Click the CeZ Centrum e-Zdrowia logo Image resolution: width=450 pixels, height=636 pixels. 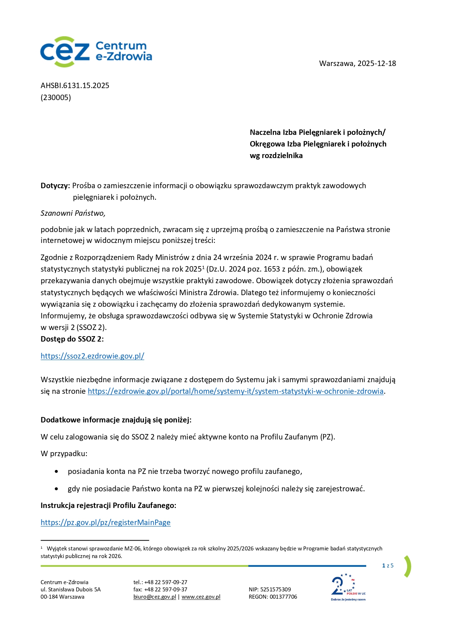[96, 51]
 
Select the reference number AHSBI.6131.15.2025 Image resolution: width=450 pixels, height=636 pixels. [75, 86]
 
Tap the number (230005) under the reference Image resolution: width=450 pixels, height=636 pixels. [56, 97]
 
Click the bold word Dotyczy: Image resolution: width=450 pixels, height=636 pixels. [55, 186]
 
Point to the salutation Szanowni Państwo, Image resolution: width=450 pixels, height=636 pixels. [73, 213]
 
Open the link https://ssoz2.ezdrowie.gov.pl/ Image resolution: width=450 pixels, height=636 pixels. [92, 356]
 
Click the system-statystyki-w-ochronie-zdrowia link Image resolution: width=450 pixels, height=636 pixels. [235, 391]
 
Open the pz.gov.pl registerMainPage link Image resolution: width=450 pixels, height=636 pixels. [106, 523]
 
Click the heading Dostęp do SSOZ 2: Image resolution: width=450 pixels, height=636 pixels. [72, 339]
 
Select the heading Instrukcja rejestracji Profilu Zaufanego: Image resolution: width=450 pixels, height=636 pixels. [108, 505]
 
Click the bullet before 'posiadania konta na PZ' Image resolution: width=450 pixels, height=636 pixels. [57, 472]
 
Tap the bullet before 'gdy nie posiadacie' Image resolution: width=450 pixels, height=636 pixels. [57, 489]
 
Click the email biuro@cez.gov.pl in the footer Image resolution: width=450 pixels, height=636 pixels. [155, 597]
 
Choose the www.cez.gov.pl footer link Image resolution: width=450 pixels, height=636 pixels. [201, 597]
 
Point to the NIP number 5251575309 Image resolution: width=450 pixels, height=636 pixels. [276, 590]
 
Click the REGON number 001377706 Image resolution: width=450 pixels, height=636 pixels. [283, 597]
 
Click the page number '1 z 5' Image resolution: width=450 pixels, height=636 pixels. [388, 566]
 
